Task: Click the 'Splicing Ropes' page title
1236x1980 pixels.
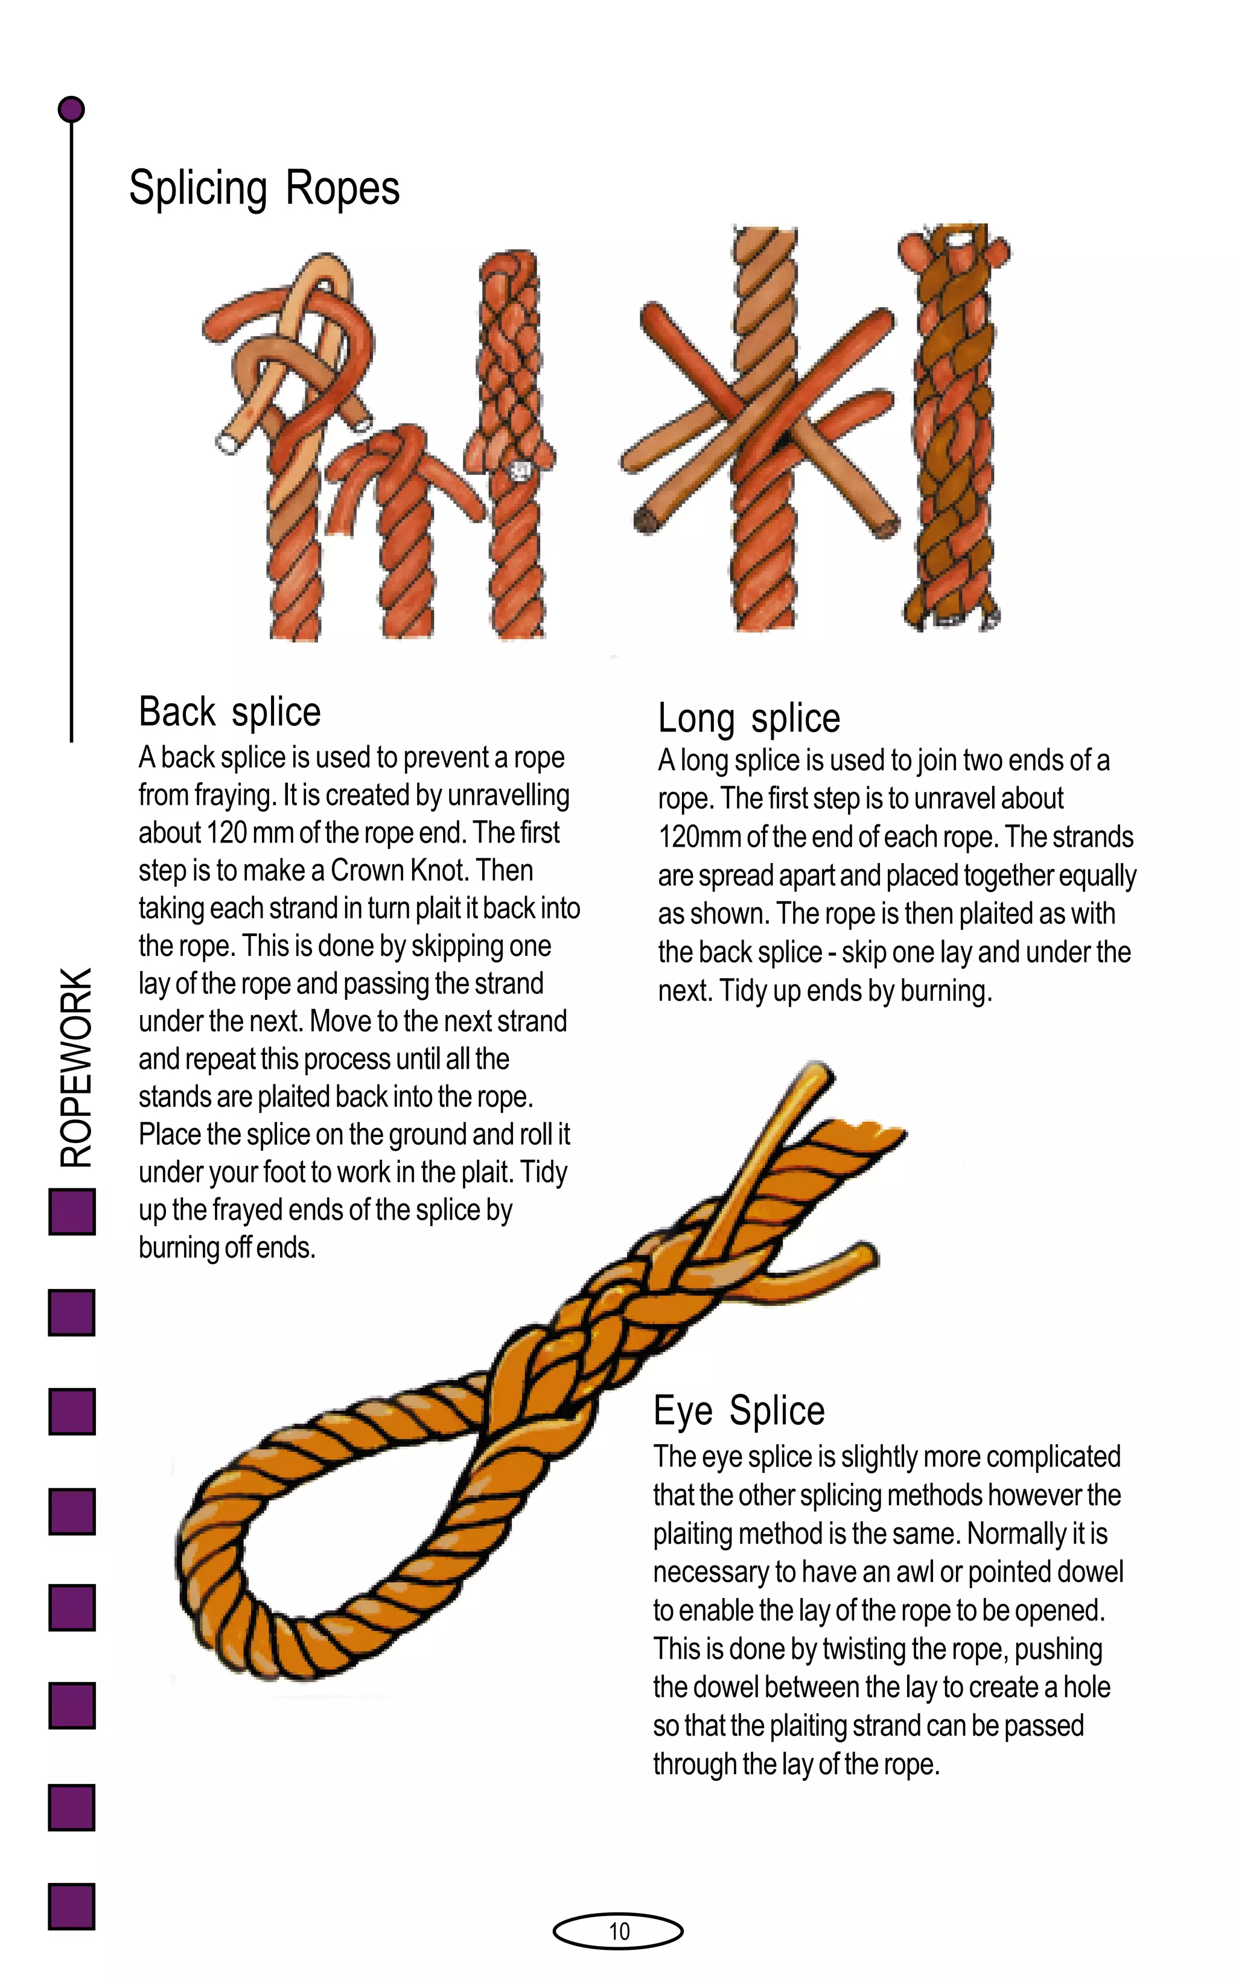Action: tap(264, 189)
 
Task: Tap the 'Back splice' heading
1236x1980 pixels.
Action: tap(230, 711)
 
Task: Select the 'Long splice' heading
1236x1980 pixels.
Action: tap(749, 718)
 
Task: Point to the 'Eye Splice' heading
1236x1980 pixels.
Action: tap(739, 1410)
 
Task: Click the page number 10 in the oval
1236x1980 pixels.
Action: tap(619, 1931)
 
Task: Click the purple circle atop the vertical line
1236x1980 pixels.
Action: tap(72, 109)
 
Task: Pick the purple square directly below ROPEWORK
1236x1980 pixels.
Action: tap(72, 1212)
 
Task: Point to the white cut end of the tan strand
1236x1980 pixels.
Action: tap(226, 442)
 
